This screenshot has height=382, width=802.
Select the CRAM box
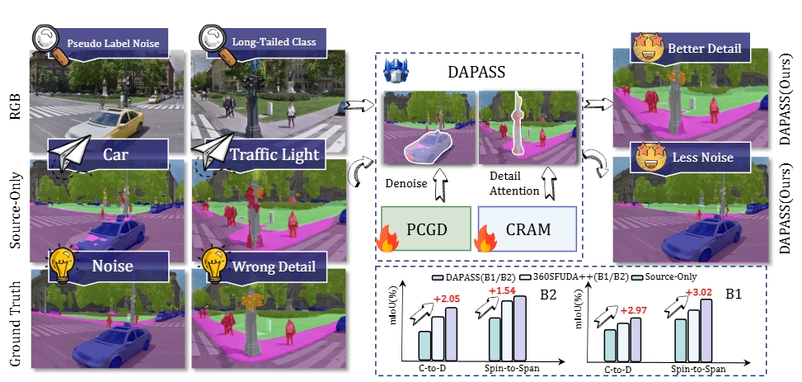tap(527, 229)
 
